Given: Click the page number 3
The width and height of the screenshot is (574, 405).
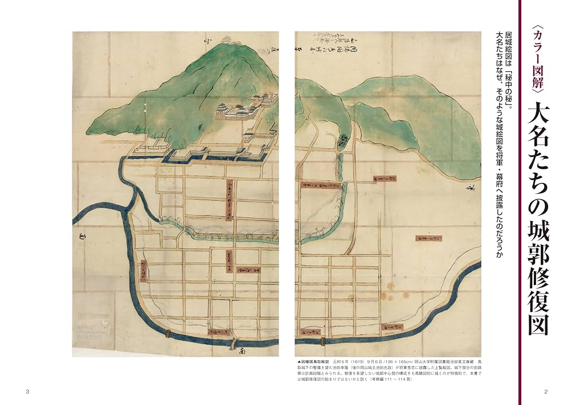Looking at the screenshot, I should point(28,391).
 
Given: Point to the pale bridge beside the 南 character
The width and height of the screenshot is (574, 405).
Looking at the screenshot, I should point(233,344).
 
